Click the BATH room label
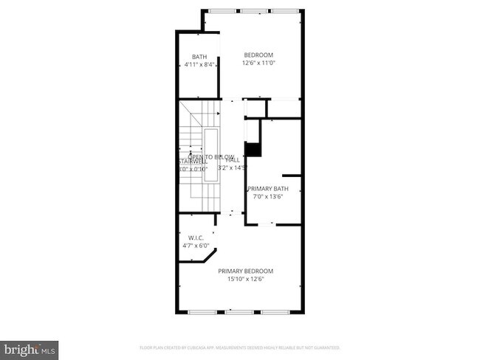click(199, 57)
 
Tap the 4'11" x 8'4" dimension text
click(199, 65)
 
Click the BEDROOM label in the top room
click(258, 55)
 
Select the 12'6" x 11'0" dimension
click(258, 63)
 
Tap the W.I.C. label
click(196, 238)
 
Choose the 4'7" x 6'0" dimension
click(196, 246)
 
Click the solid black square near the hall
click(253, 149)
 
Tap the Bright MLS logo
click(30, 347)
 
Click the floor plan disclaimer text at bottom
click(239, 347)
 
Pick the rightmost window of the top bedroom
click(287, 10)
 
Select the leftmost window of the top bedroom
click(219, 10)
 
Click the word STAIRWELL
click(191, 162)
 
